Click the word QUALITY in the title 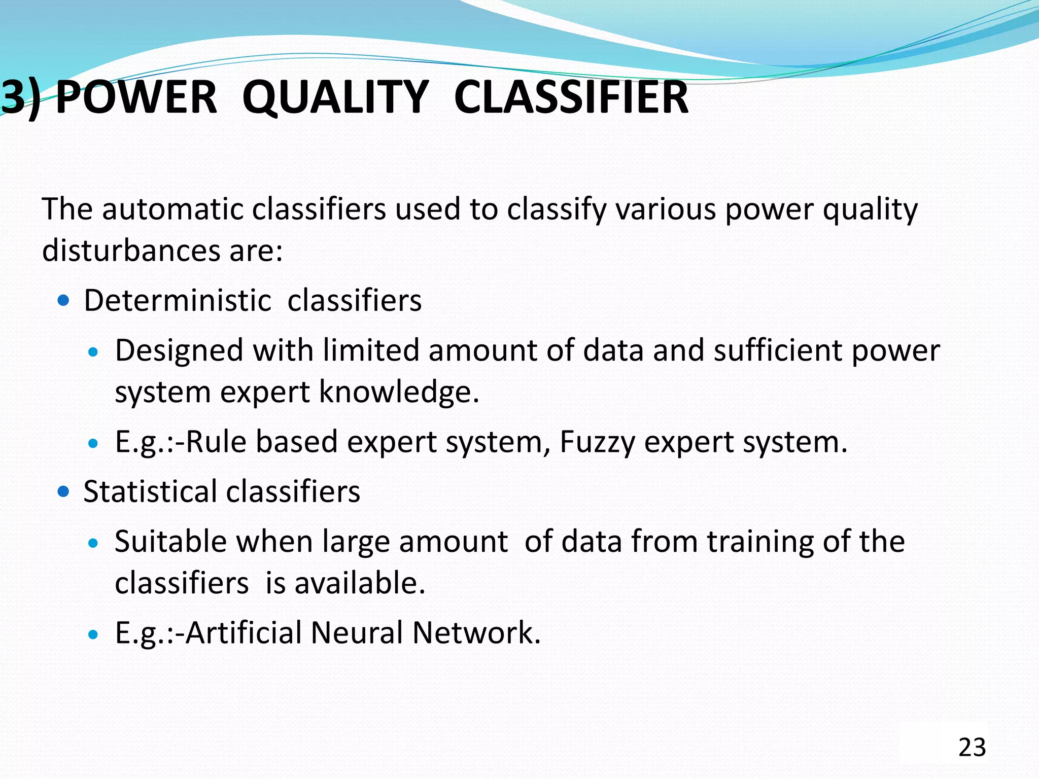coord(335,97)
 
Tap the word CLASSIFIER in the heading coord(571,97)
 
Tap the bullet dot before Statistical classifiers coord(63,491)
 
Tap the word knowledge coord(399,393)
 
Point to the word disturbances coord(131,251)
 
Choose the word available coord(359,583)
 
